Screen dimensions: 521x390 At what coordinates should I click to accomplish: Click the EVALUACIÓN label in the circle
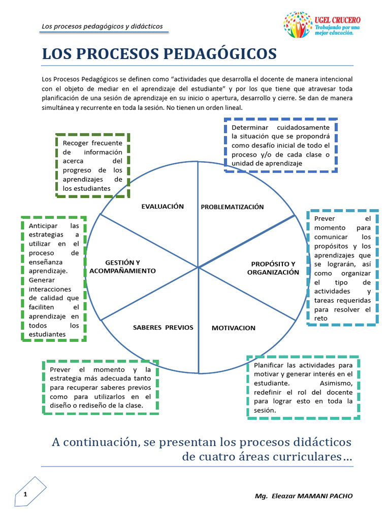tap(162, 206)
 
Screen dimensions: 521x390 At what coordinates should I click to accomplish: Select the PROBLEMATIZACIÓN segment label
tap(232, 207)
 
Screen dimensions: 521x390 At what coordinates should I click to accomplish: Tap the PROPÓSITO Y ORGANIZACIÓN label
tap(273, 268)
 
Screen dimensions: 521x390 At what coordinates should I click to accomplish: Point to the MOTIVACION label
tap(234, 328)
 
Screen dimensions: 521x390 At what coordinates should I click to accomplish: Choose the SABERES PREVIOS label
tap(163, 327)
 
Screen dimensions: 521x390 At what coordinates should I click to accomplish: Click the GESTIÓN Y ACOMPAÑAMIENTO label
tap(122, 267)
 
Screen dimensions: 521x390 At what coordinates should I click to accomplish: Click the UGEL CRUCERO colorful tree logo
tap(298, 24)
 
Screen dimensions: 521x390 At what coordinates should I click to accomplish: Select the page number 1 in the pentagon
tap(25, 495)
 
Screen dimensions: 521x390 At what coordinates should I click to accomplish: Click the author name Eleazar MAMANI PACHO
tap(311, 496)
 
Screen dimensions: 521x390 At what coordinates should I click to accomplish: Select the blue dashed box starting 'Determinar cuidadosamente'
tap(280, 145)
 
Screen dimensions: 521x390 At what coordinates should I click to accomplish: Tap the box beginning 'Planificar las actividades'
tap(303, 387)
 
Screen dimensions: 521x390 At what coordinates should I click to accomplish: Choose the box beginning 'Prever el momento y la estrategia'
tap(100, 387)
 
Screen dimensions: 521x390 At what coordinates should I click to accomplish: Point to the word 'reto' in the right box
tap(321, 319)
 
